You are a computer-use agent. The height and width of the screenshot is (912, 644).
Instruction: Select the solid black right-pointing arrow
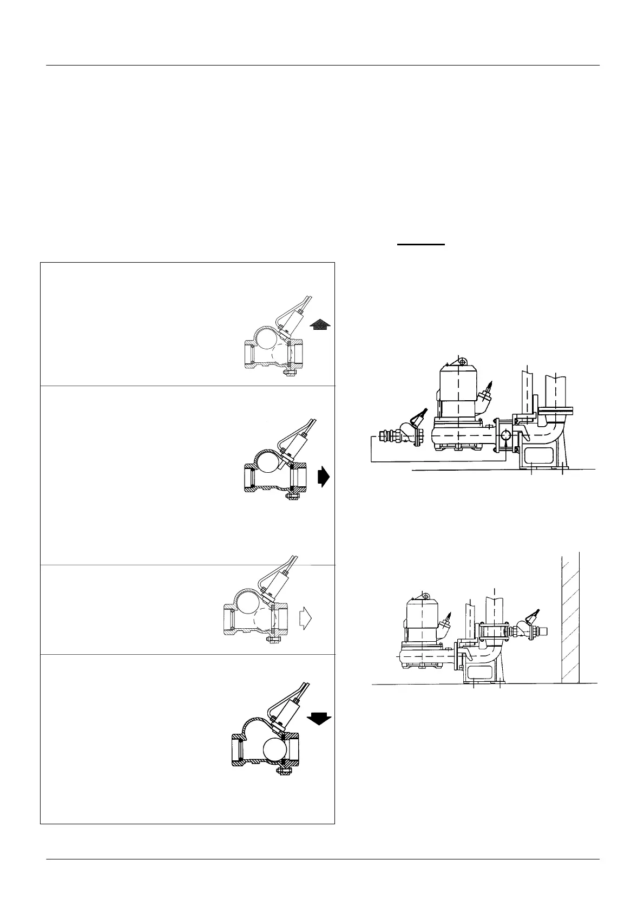pos(323,477)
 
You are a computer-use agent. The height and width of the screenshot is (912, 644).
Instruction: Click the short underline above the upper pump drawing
pos(421,244)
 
